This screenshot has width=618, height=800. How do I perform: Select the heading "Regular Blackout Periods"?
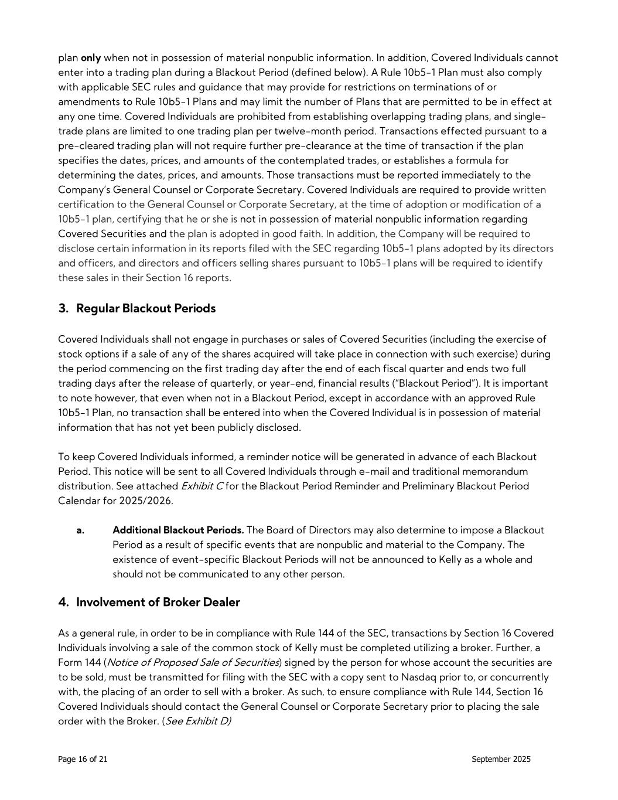pos(145,308)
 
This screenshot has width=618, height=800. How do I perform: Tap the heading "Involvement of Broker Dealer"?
pos(158,602)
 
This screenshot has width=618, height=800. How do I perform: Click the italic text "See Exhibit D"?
pos(198,721)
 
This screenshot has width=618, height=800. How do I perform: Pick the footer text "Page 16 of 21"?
pos(83,759)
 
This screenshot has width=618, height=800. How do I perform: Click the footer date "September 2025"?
pos(501,759)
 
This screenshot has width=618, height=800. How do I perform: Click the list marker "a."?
pos(80,530)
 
